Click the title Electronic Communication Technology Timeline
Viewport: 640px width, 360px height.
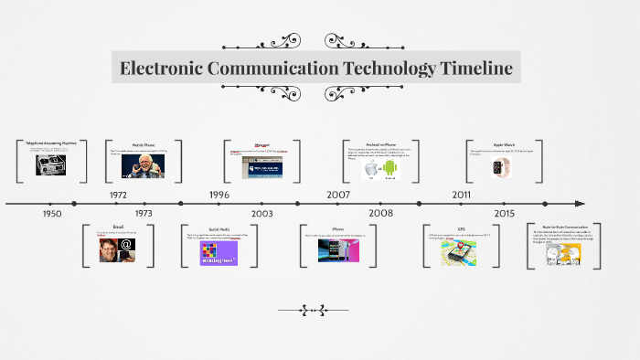[x=316, y=69]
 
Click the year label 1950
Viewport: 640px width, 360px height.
[x=52, y=213]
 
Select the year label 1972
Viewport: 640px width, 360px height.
[x=118, y=195]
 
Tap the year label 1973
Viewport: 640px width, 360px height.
[x=144, y=213]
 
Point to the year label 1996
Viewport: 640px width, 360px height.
[x=219, y=195]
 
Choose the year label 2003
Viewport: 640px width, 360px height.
[x=262, y=213]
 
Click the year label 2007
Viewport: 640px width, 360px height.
[x=338, y=195]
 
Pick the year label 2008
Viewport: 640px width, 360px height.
[x=381, y=213]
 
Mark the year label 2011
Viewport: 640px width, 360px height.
[x=462, y=195]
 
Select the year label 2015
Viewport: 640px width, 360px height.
[x=505, y=213]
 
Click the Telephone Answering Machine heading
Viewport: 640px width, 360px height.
[x=51, y=143]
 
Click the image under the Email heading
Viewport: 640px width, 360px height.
[x=118, y=249]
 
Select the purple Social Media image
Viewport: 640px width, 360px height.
[x=219, y=252]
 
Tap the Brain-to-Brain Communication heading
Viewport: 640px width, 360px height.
[x=563, y=226]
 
